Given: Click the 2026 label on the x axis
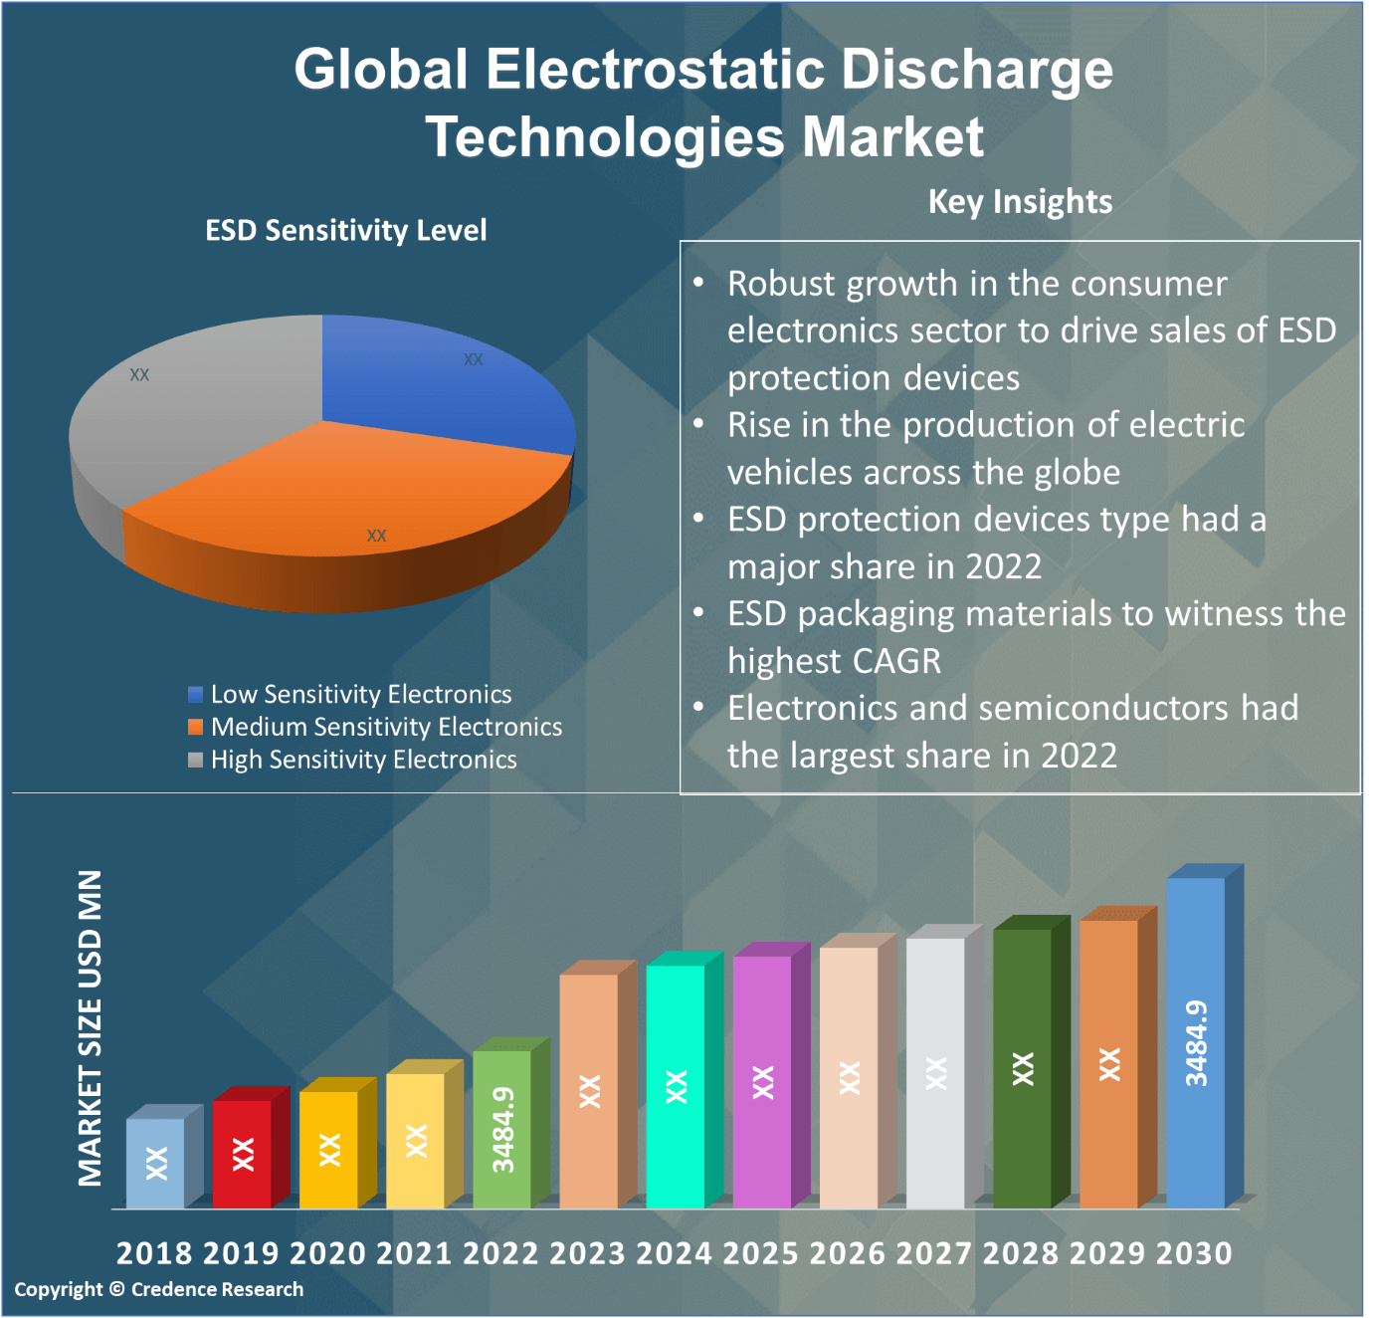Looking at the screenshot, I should pos(847,1253).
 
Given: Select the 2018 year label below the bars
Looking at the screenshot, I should pos(154,1253).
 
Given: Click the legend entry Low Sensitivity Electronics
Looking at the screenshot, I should pos(360,694).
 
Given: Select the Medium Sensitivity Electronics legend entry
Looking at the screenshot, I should pos(386,727).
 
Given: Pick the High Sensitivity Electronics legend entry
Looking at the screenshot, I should pos(363,760).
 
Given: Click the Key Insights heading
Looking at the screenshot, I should pos(1020,202).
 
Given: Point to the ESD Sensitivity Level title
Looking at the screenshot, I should pos(345,231).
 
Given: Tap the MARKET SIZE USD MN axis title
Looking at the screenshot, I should pos(91,1027).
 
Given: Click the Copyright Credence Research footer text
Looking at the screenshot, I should pos(159,1289).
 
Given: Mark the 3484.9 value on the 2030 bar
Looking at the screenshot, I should pos(1196,1042).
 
